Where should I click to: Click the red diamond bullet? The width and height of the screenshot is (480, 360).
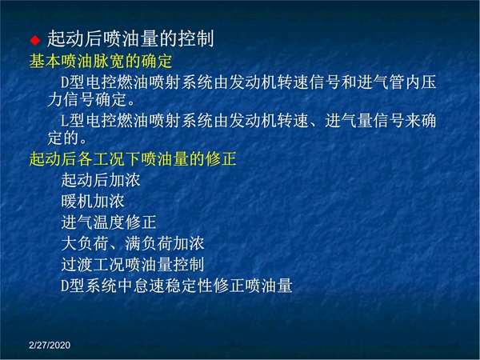click(35, 40)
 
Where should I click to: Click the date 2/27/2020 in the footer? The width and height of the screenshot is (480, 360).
click(50, 346)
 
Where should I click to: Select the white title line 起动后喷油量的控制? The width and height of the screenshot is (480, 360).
click(130, 38)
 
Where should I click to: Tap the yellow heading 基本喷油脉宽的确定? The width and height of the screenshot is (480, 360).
click(101, 62)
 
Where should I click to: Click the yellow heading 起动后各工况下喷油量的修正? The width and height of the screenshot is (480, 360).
click(133, 159)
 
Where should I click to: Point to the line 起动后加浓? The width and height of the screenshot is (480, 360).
click(101, 180)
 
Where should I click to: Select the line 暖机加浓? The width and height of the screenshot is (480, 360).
click(93, 201)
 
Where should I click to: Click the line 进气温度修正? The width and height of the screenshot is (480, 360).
click(109, 222)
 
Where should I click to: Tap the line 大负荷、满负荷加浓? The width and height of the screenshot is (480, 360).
click(133, 243)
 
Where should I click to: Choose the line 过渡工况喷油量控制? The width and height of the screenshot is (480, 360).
click(133, 265)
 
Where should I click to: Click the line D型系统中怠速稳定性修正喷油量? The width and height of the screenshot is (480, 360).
click(177, 286)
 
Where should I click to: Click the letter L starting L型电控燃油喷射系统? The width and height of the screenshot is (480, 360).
click(64, 121)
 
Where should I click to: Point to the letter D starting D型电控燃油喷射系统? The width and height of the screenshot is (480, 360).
click(65, 82)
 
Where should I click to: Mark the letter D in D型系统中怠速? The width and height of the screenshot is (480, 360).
click(65, 286)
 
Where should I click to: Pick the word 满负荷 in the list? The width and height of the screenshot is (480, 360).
click(149, 243)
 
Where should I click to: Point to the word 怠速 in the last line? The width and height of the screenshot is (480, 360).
click(149, 286)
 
